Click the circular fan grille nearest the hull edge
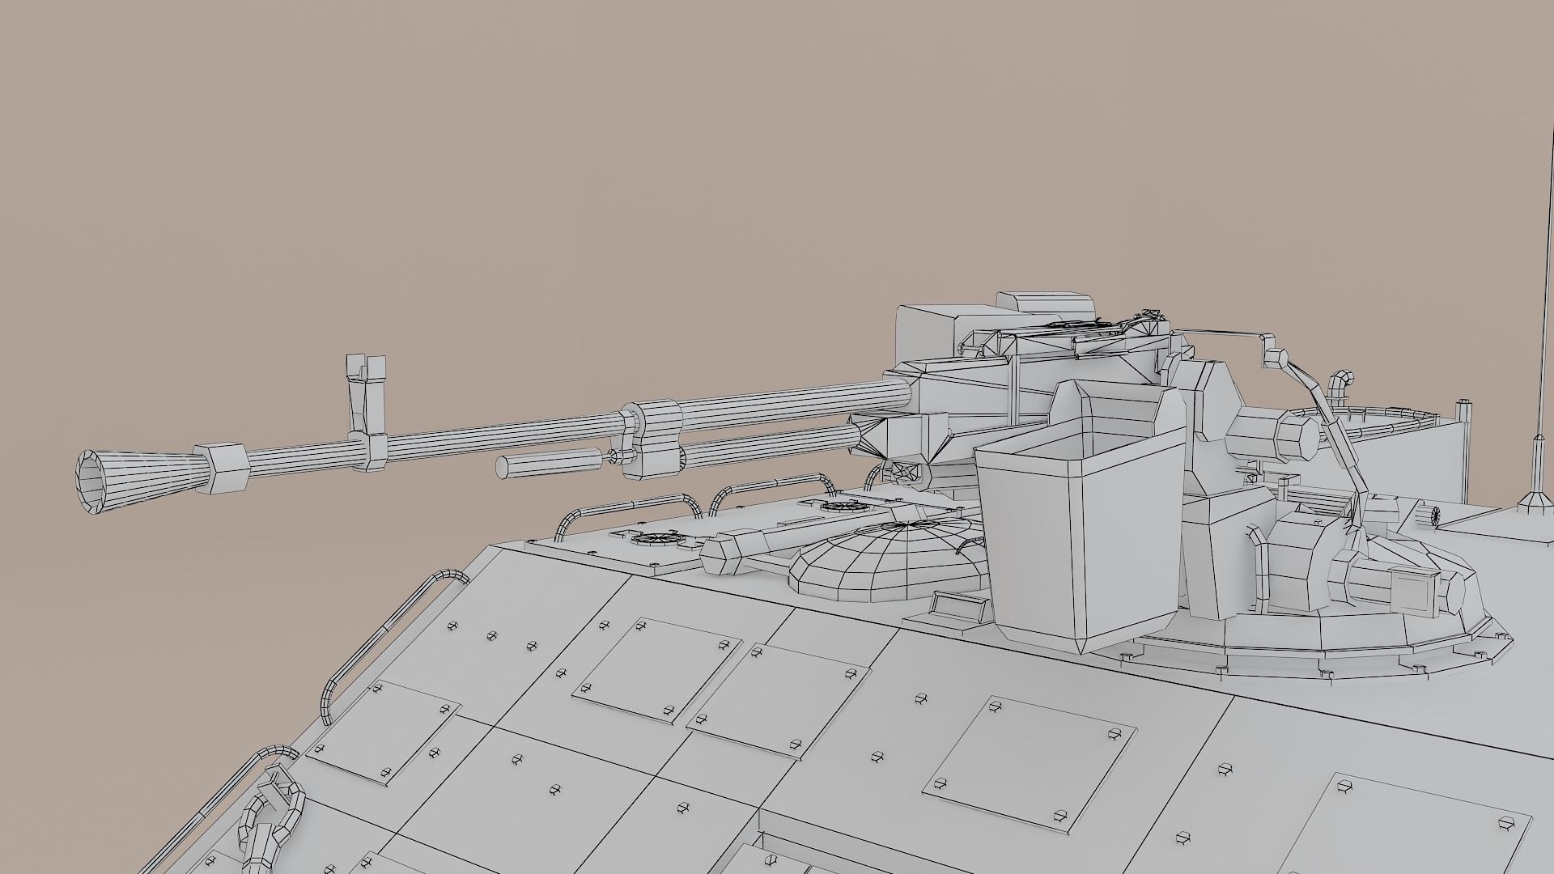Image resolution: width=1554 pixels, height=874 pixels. [x=652, y=537]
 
